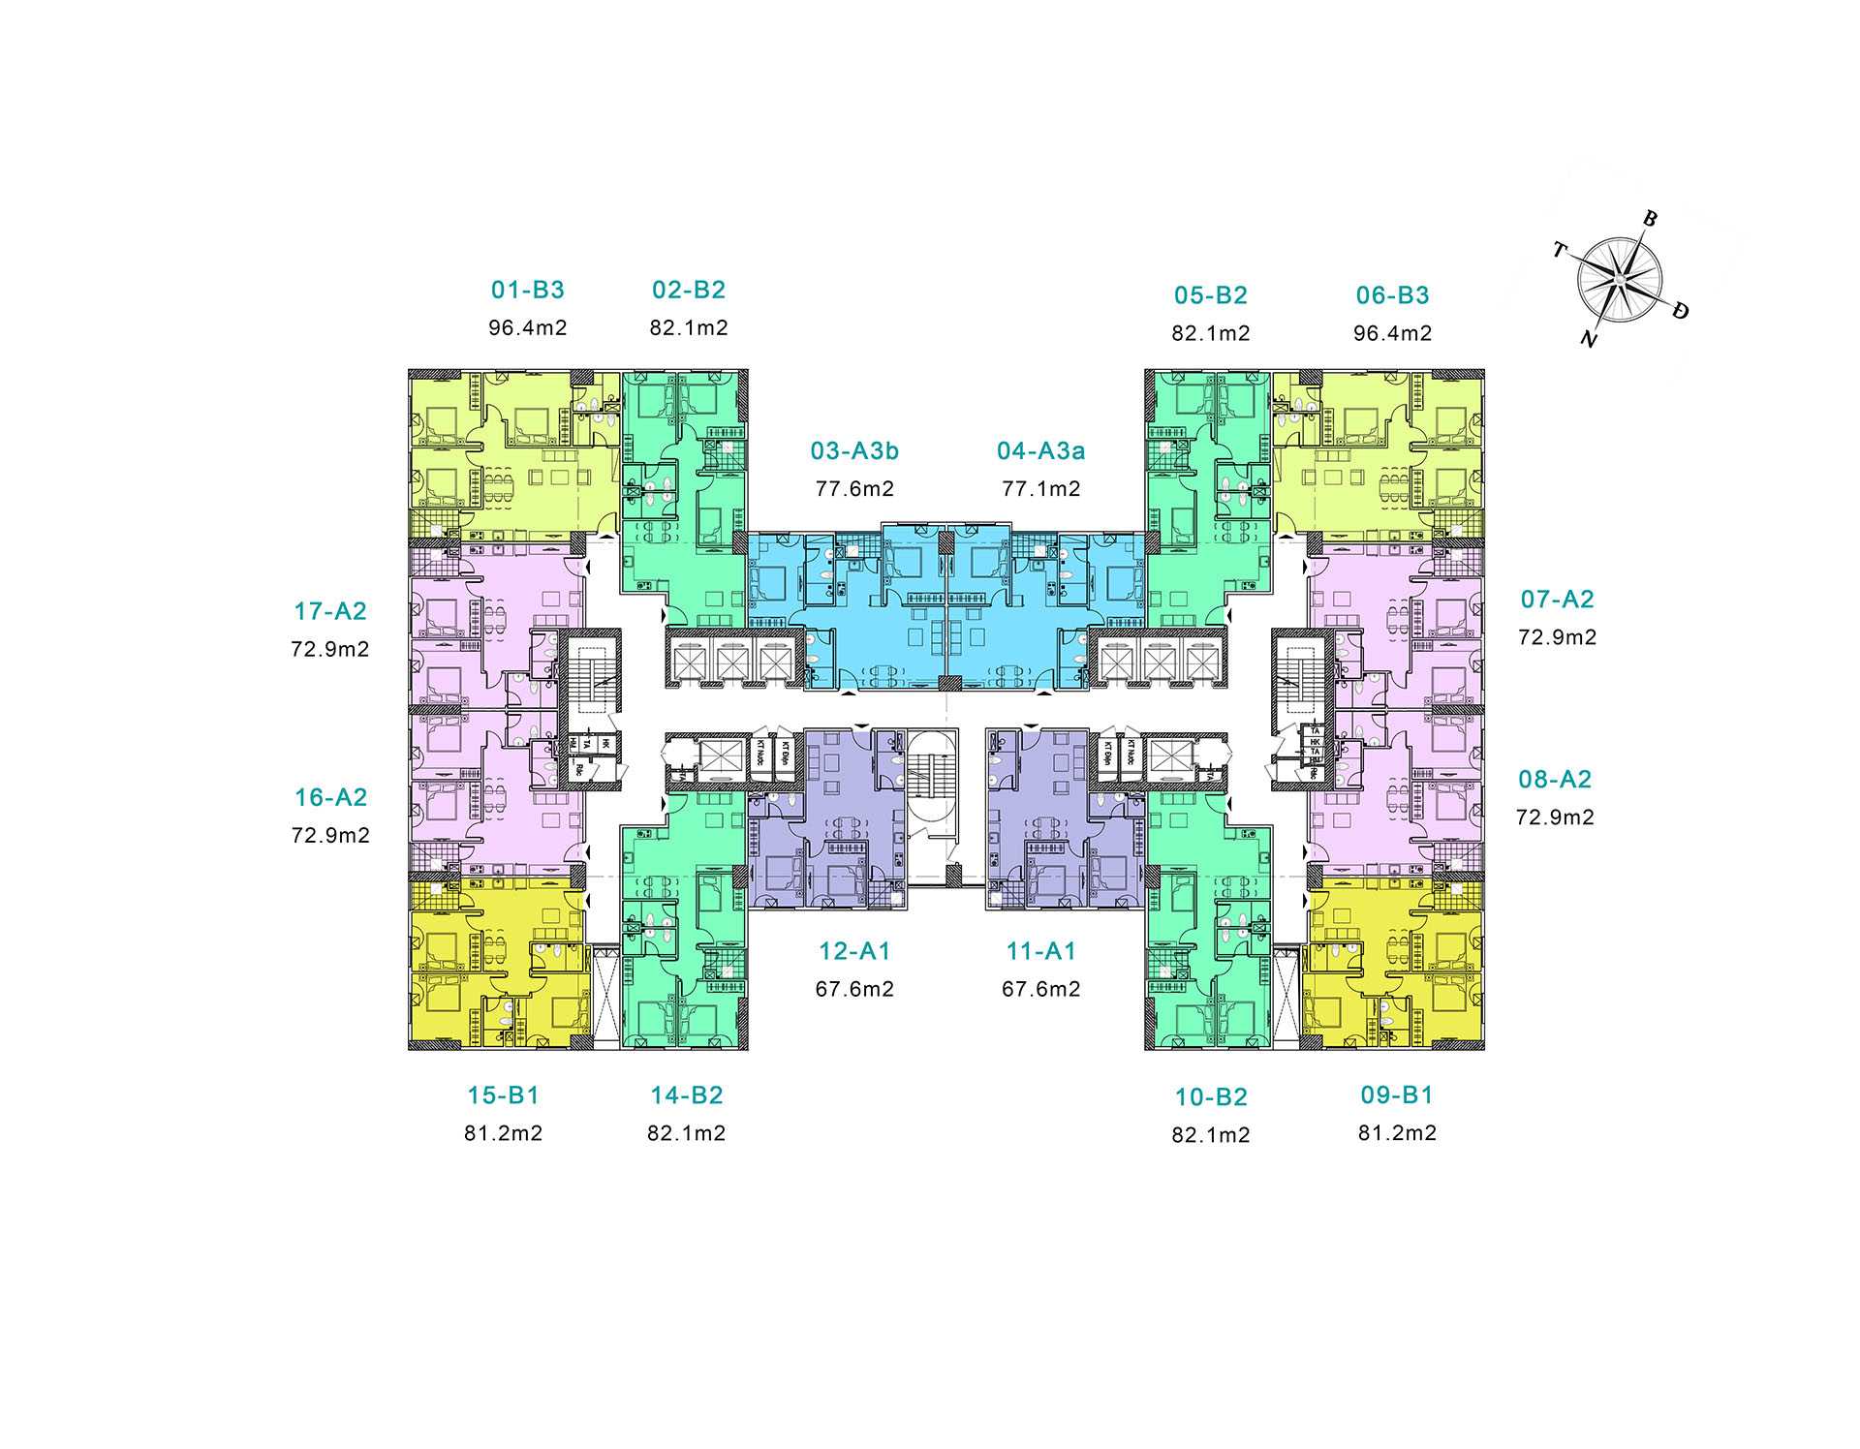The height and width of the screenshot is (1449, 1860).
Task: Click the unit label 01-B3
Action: [527, 290]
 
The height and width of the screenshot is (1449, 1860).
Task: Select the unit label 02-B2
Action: [688, 290]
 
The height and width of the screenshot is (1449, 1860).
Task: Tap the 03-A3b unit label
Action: [854, 451]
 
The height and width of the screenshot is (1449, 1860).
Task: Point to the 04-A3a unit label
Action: [1040, 451]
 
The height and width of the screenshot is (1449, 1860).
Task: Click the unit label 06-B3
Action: [1392, 295]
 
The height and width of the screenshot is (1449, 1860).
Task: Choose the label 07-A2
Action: [1557, 600]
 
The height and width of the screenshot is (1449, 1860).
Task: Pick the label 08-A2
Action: [1555, 780]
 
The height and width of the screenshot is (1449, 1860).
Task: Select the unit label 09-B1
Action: [1396, 1095]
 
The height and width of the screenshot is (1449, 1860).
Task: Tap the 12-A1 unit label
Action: [854, 952]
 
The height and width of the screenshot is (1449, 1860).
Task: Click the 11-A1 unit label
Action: [1040, 952]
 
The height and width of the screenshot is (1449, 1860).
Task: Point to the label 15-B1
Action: [503, 1095]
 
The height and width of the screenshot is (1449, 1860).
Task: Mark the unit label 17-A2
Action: [330, 611]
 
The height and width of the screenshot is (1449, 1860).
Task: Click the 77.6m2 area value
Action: [854, 489]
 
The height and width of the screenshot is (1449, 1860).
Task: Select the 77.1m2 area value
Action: [1040, 489]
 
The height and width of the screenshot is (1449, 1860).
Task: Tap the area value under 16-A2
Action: [330, 836]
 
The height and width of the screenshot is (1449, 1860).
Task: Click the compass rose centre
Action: [1618, 280]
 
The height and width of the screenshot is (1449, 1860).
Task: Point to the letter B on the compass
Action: [1650, 219]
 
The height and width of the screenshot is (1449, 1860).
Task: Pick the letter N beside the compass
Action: [1588, 339]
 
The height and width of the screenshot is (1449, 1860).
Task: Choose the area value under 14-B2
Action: [686, 1133]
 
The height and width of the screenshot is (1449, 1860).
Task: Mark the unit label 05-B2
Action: [1210, 295]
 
